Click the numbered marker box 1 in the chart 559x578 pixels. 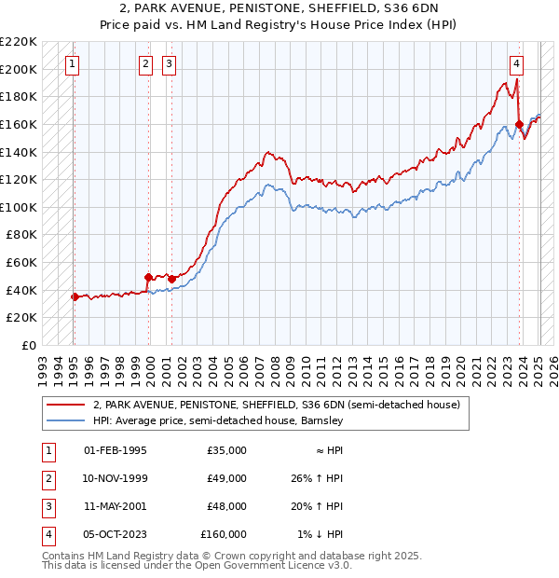pos(73,64)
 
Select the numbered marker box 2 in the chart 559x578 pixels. pos(146,64)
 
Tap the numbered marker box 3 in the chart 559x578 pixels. pos(169,64)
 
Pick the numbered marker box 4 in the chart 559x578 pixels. pos(516,64)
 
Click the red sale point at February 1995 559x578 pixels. pos(75,296)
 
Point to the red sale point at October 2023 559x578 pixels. pos(520,123)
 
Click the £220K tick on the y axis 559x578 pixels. pos(20,42)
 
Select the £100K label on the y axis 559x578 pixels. pos(20,207)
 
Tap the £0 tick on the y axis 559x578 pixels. pos(27,345)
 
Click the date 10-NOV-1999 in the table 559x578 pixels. pos(116,478)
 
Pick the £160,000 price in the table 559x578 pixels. pos(224,534)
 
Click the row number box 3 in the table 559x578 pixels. pos(48,506)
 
